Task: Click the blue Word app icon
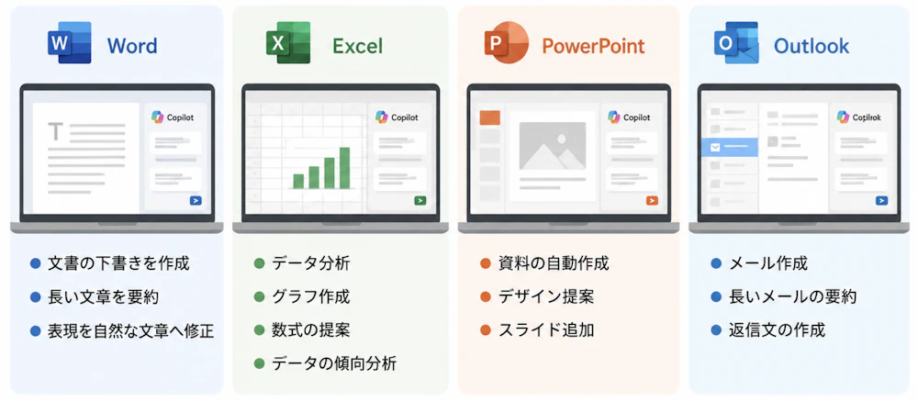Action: click(x=70, y=42)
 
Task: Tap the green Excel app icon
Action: click(x=288, y=42)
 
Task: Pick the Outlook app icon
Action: click(x=736, y=42)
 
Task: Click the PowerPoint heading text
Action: click(x=593, y=46)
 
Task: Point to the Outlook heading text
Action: click(x=811, y=46)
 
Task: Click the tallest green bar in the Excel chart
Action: click(x=344, y=167)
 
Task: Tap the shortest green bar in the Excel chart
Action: click(x=298, y=181)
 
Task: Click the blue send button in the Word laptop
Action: click(x=196, y=201)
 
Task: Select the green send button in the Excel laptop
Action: click(x=420, y=201)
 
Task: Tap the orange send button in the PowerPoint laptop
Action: click(x=652, y=201)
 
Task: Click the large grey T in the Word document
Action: click(x=56, y=131)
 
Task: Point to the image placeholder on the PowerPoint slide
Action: click(x=552, y=146)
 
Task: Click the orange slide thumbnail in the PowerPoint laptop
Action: click(x=489, y=117)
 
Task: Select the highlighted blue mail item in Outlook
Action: click(x=730, y=148)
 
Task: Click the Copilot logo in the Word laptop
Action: click(x=157, y=117)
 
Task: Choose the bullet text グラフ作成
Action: click(x=311, y=296)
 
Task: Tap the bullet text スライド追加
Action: click(x=546, y=330)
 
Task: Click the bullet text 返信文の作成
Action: click(x=777, y=330)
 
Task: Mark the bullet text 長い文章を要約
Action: click(x=103, y=296)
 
